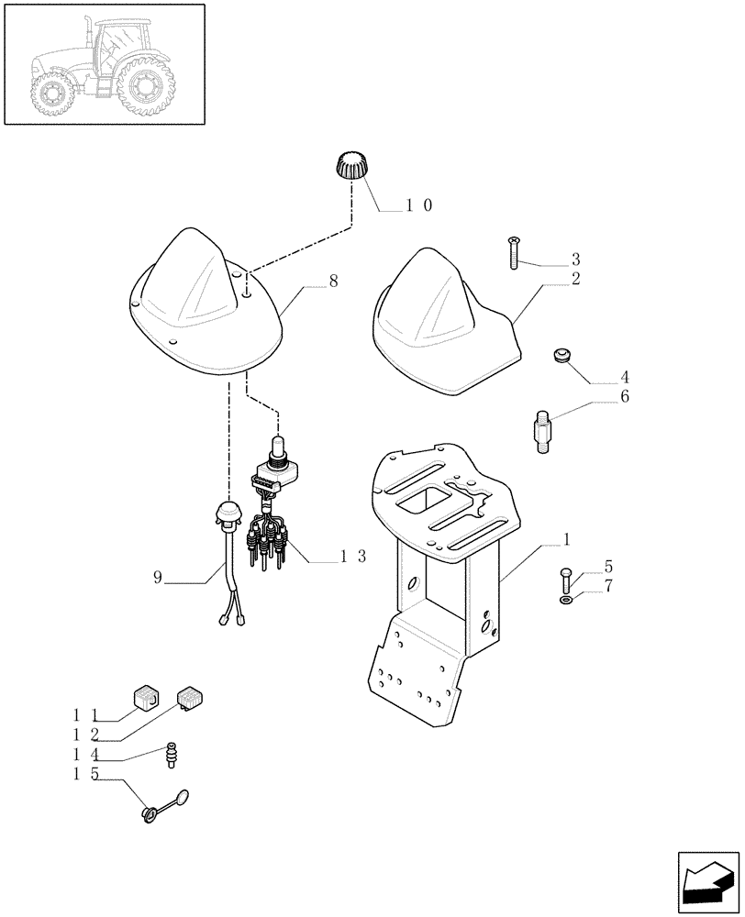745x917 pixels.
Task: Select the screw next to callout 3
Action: (x=513, y=252)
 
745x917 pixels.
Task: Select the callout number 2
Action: (x=575, y=278)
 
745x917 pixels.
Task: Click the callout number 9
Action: (x=158, y=577)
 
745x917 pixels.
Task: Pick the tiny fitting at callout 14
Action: (x=171, y=756)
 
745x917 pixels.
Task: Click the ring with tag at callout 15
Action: (x=150, y=812)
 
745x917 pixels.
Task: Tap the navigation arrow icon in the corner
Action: (x=707, y=882)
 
